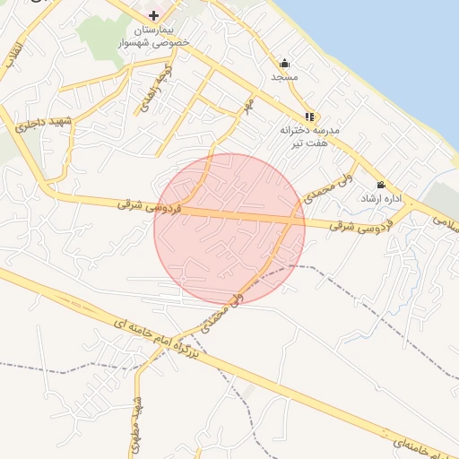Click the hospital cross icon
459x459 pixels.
pos(154,15)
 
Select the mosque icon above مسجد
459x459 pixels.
pos(284,63)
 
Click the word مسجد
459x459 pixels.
pos(284,77)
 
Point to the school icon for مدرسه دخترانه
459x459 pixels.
pos(309,116)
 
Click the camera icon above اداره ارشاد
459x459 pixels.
pos(381,184)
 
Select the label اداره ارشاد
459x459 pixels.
pos(379,197)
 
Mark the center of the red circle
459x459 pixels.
pos(229,229)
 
